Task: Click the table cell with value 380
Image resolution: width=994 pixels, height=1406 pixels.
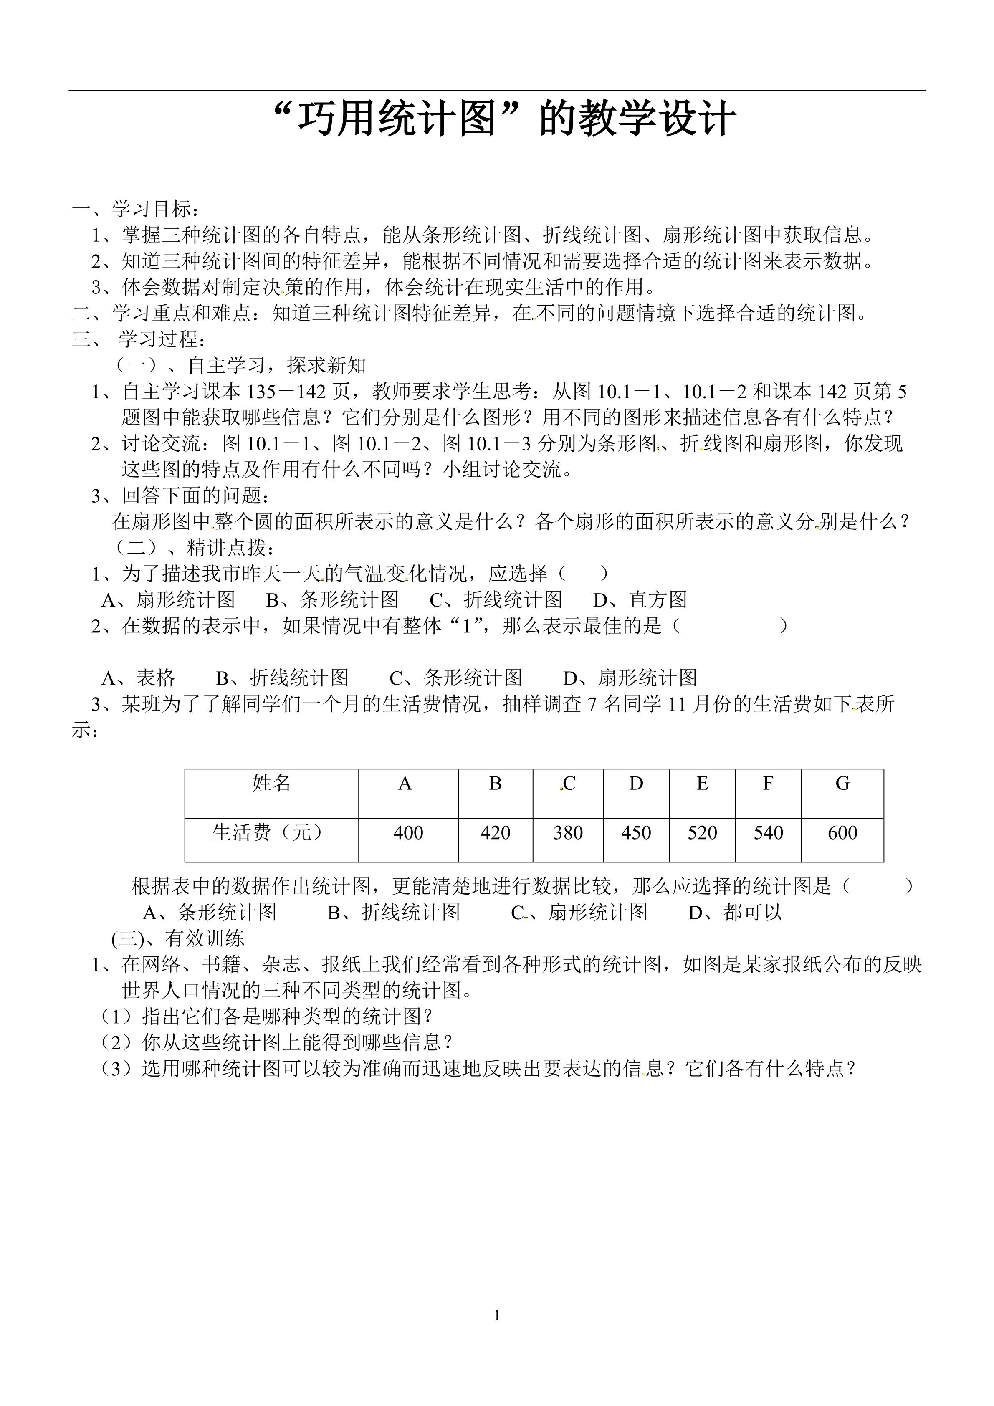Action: pos(568,833)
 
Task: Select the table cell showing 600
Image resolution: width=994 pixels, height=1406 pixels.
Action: pos(842,833)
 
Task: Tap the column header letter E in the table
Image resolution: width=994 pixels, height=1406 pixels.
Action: pos(702,784)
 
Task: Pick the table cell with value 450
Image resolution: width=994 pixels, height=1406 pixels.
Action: pos(636,833)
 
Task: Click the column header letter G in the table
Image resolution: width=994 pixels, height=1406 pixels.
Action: pos(842,784)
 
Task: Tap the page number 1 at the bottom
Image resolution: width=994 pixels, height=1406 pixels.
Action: pos(497,1315)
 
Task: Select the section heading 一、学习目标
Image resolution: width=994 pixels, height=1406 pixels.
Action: pos(135,210)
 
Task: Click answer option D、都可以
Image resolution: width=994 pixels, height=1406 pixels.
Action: pos(735,913)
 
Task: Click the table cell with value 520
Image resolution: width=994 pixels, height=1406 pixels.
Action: pos(702,833)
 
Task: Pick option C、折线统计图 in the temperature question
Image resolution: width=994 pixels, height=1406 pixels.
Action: pos(496,599)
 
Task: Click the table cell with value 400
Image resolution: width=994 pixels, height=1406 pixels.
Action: pos(408,833)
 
